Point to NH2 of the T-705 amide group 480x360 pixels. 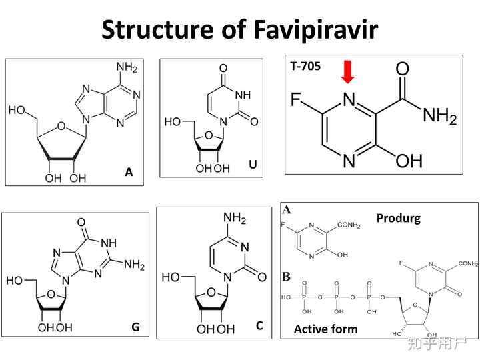pos(439,117)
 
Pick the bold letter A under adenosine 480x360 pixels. pos(129,173)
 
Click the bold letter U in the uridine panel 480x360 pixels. pos(253,165)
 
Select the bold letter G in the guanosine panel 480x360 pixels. pos(135,327)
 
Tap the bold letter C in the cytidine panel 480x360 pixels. pos(259,326)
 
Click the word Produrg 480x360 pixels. pos(399,218)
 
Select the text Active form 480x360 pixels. pos(325,329)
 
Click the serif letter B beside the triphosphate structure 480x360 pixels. pos(287,275)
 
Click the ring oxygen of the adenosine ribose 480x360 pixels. pos(61,123)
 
